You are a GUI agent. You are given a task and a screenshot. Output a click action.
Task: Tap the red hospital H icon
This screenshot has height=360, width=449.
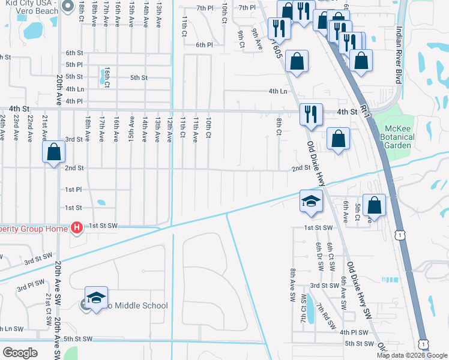pyautogui.click(x=76, y=227)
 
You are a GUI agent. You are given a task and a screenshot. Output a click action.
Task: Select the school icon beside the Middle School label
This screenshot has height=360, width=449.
pyautogui.click(x=96, y=299)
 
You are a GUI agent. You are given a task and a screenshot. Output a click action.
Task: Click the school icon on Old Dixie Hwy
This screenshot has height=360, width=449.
pyautogui.click(x=312, y=202)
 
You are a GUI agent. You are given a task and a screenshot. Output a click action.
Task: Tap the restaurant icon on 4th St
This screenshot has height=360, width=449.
pyautogui.click(x=310, y=114)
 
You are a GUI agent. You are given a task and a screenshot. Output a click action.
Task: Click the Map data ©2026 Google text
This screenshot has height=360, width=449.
pyautogui.click(x=412, y=355)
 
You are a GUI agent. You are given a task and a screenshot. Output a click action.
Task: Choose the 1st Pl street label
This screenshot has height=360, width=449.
pyautogui.click(x=73, y=190)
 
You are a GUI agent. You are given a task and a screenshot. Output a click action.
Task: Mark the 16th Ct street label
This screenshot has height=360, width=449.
pyautogui.click(x=106, y=76)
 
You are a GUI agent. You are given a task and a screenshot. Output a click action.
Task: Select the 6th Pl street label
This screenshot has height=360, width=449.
pyautogui.click(x=204, y=45)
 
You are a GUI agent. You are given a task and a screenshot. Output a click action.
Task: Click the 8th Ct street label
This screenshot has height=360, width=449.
pyautogui.click(x=279, y=127)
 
